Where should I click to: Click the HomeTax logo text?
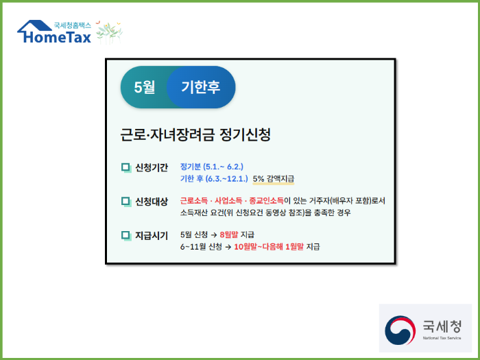click(58, 38)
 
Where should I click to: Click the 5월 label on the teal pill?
click(145, 87)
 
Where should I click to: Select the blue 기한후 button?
click(200, 87)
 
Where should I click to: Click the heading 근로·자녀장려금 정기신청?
click(195, 134)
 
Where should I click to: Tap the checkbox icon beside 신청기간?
click(125, 167)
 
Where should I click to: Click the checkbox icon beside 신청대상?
click(125, 202)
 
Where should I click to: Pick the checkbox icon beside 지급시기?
click(125, 236)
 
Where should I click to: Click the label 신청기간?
click(152, 167)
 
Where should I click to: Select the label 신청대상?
click(152, 202)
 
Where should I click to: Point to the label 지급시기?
click(152, 236)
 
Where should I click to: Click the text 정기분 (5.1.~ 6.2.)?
click(212, 167)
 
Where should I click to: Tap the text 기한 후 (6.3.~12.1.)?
click(213, 178)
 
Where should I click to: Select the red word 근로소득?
click(195, 201)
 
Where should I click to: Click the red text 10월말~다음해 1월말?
click(268, 246)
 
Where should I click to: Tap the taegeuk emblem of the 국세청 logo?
click(400, 330)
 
